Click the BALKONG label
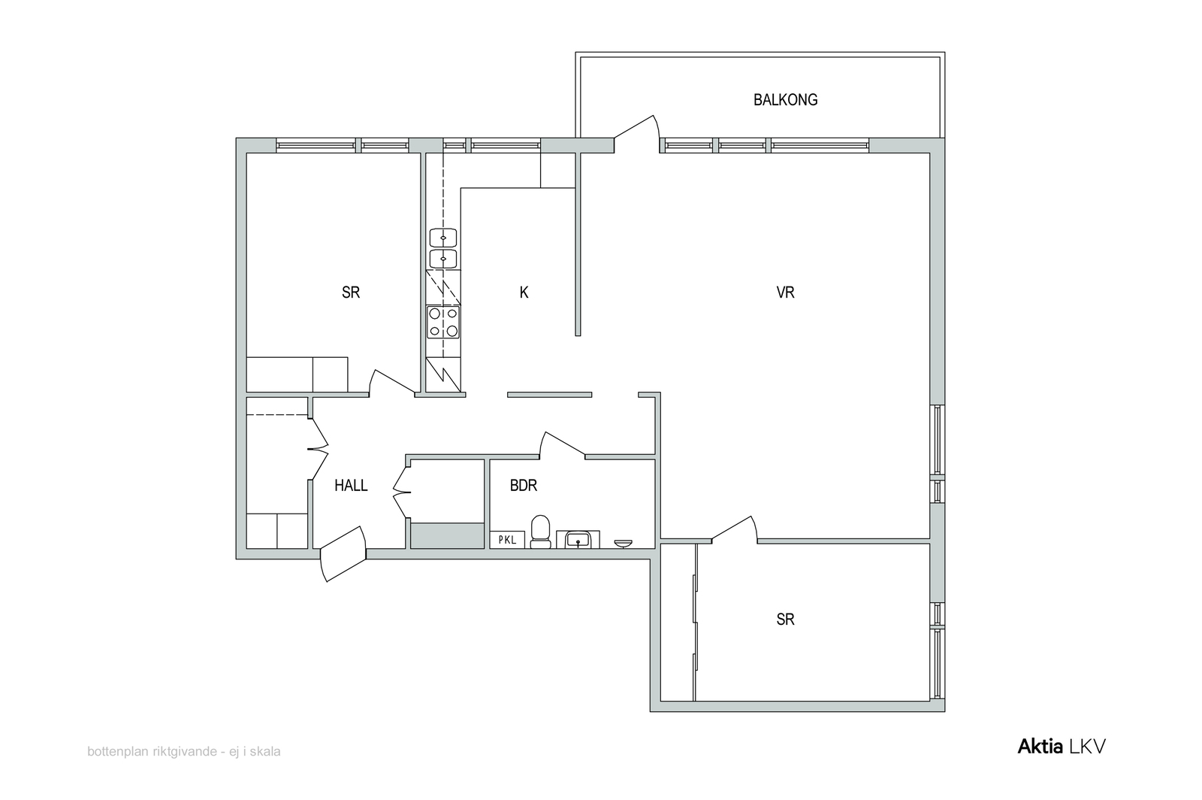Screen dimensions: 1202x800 click(x=785, y=100)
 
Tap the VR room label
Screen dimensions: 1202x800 click(x=785, y=292)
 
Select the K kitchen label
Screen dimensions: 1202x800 click(x=524, y=292)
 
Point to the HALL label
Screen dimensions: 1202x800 click(x=351, y=486)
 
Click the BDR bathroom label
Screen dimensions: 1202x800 click(x=523, y=486)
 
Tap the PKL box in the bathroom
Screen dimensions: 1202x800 click(x=507, y=540)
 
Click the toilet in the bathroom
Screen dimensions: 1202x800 click(x=540, y=532)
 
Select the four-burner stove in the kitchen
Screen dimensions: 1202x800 click(x=443, y=322)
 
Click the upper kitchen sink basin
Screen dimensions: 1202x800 click(x=443, y=238)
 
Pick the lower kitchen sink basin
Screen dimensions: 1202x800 click(x=443, y=259)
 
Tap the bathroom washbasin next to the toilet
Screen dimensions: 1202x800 click(x=578, y=539)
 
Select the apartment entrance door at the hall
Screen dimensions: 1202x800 click(x=343, y=553)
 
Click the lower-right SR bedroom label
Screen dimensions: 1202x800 click(x=785, y=620)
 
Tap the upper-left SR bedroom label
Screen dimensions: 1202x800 click(x=351, y=292)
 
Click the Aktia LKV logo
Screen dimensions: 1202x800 click(x=1062, y=747)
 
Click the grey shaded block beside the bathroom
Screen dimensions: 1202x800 click(x=448, y=536)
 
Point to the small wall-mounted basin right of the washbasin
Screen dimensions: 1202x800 click(x=623, y=544)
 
